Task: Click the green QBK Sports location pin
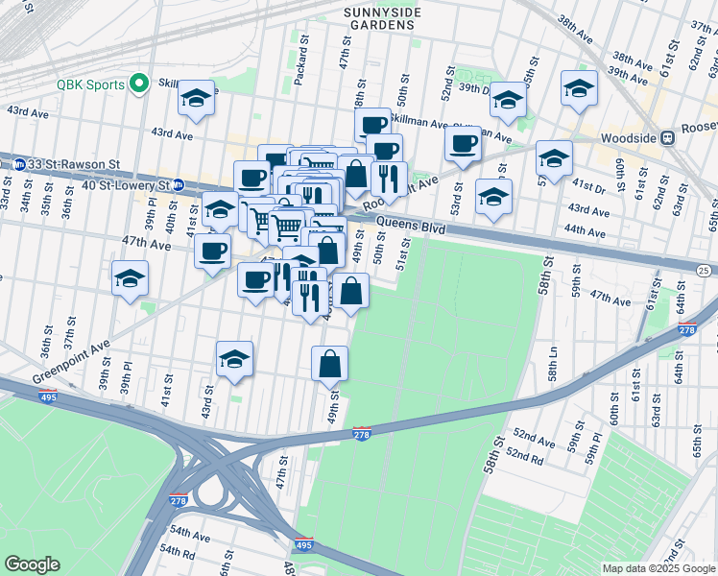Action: coord(138,84)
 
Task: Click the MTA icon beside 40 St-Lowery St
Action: coord(175,184)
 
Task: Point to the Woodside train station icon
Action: coord(676,137)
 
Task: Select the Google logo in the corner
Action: coord(32,564)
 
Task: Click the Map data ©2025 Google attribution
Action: coord(658,567)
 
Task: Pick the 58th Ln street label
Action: coord(554,368)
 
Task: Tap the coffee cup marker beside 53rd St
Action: coord(463,144)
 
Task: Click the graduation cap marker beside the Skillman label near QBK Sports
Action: coord(196,97)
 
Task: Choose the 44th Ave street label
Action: coord(586,231)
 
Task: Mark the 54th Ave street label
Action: coord(190,533)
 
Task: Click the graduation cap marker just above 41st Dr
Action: coord(554,157)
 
